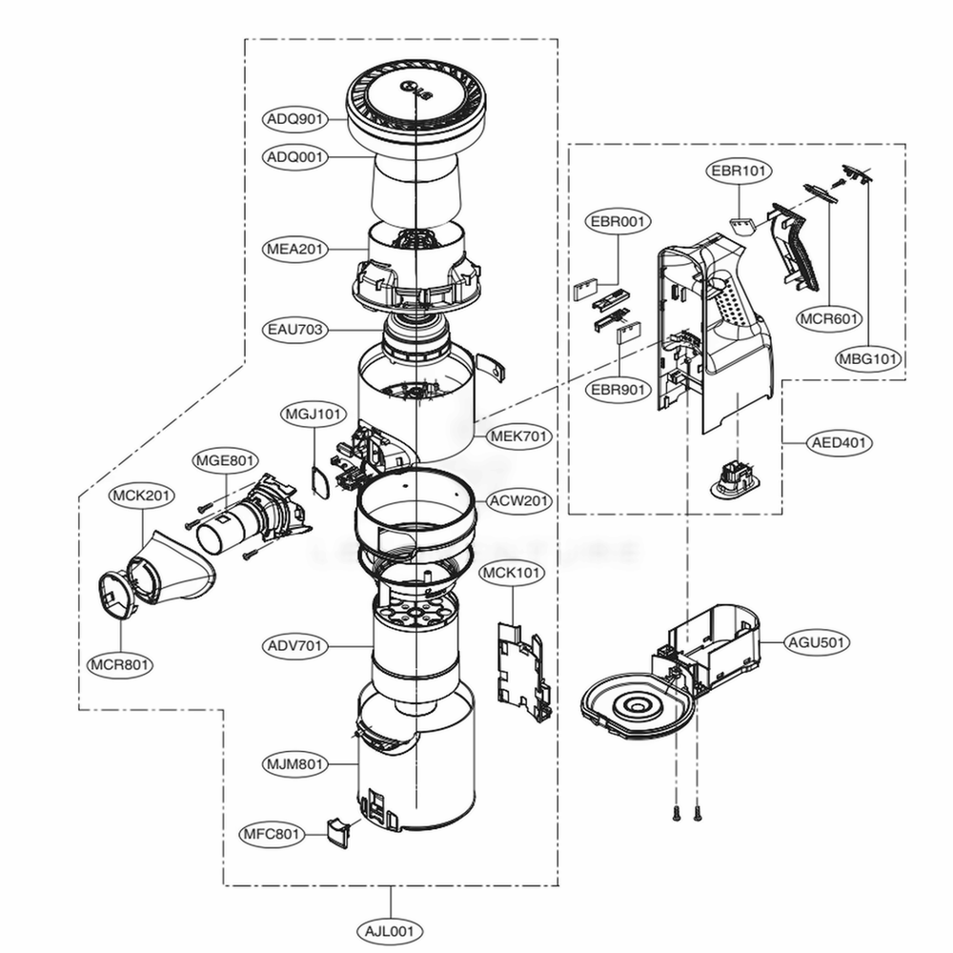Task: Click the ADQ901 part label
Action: [x=295, y=119]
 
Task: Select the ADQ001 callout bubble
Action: [x=295, y=155]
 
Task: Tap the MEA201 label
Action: [x=295, y=249]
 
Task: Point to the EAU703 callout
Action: [x=295, y=331]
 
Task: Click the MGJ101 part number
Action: [x=314, y=415]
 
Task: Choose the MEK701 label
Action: [x=519, y=436]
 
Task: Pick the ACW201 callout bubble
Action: [x=519, y=501]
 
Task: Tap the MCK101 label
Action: [x=512, y=574]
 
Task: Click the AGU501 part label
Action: [x=816, y=642]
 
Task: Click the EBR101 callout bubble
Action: [x=740, y=172]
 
